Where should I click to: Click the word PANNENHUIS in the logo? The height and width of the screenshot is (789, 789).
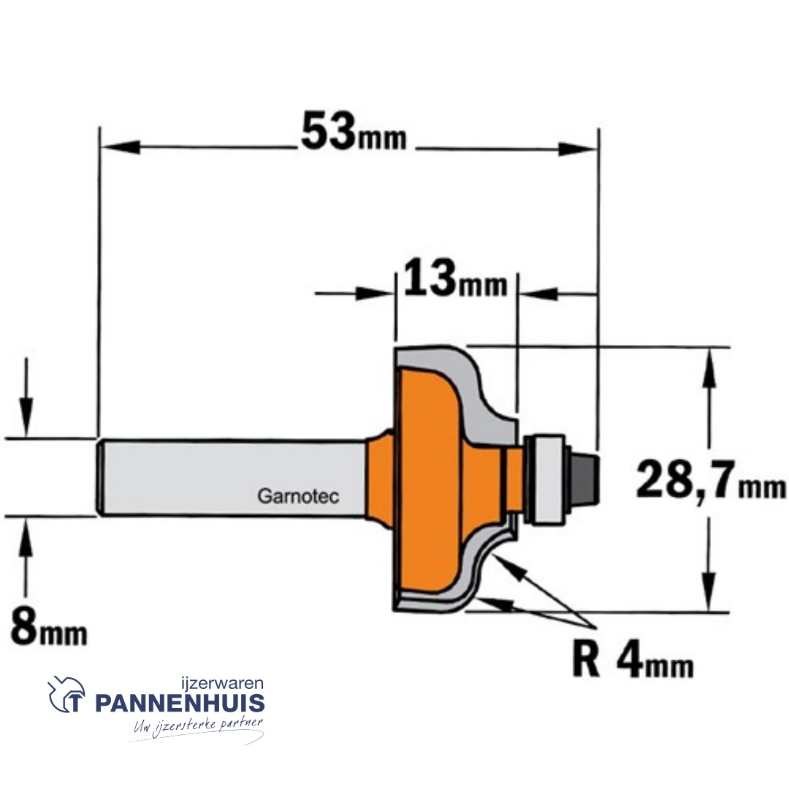click(x=180, y=704)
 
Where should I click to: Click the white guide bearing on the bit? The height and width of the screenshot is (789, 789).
click(x=545, y=479)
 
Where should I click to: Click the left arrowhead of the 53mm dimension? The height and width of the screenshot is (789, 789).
click(x=117, y=148)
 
